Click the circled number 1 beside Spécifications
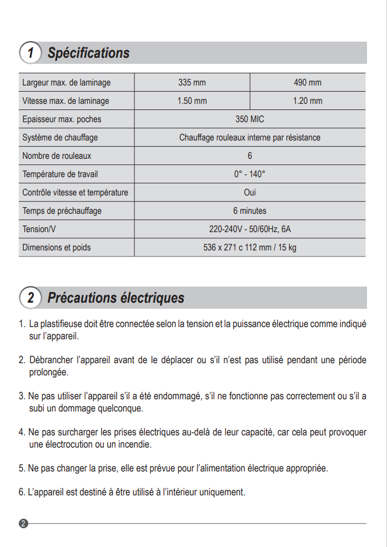click(31, 53)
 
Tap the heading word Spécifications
click(88, 53)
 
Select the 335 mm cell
click(192, 83)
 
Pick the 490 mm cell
click(308, 83)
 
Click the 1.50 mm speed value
click(192, 101)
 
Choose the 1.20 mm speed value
click(308, 101)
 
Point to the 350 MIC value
click(250, 119)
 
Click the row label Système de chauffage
click(60, 138)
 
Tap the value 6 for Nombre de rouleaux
click(250, 156)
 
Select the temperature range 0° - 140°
click(250, 174)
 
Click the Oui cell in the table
click(250, 193)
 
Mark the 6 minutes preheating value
click(250, 211)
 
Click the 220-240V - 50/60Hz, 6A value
click(250, 229)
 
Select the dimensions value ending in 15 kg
click(250, 248)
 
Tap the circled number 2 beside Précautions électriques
click(31, 298)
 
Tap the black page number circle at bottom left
click(23, 524)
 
